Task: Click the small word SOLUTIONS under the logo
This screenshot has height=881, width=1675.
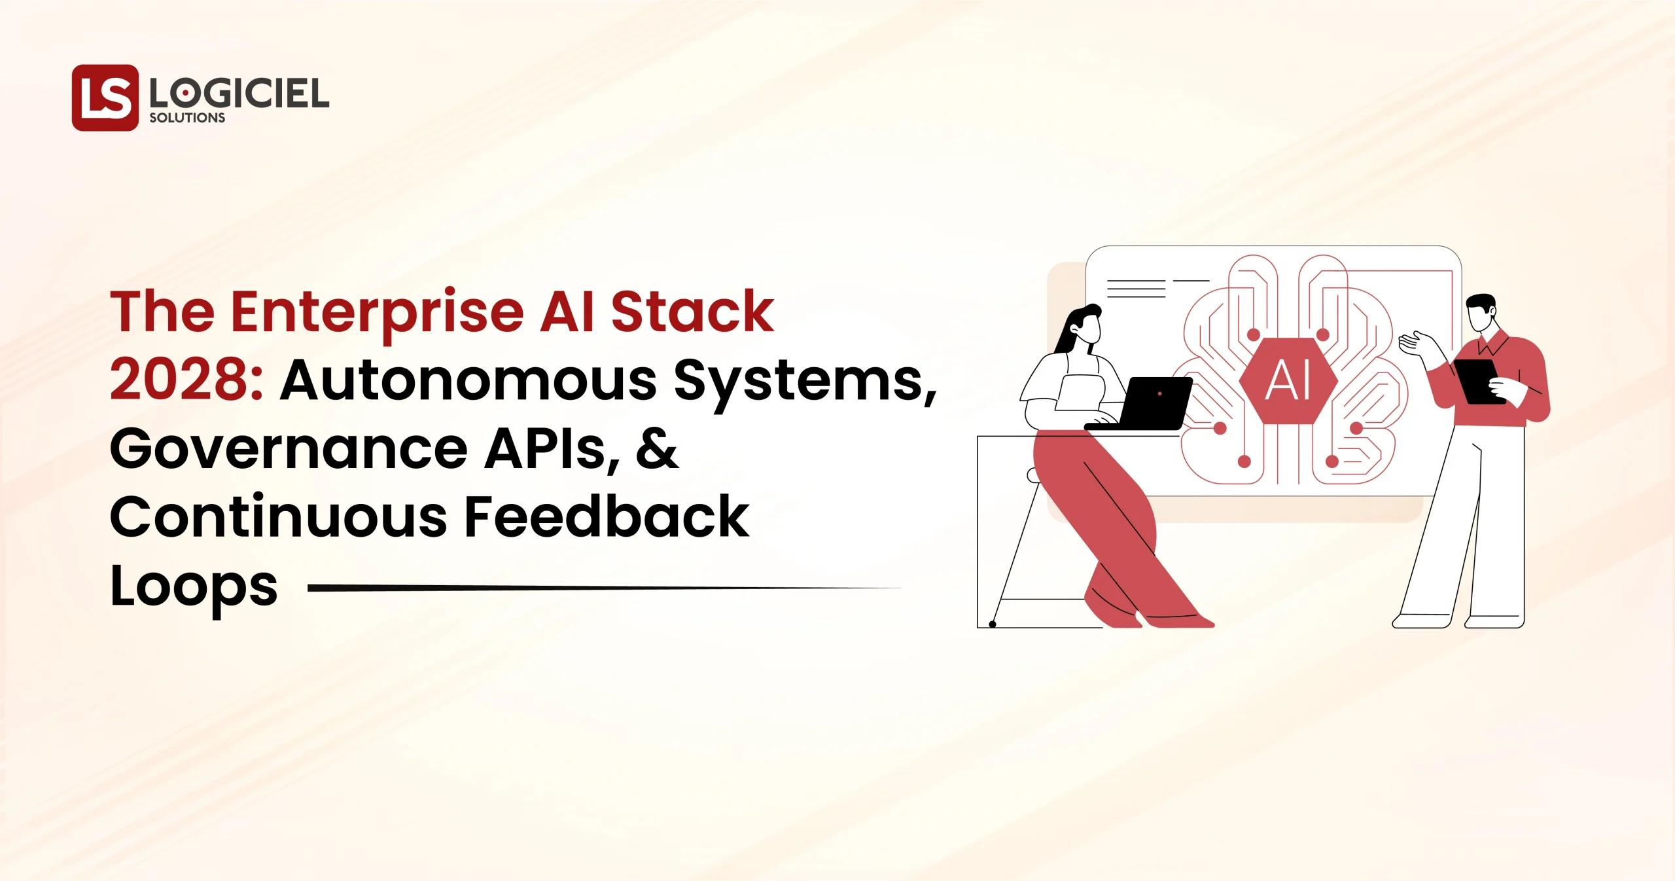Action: tap(187, 118)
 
